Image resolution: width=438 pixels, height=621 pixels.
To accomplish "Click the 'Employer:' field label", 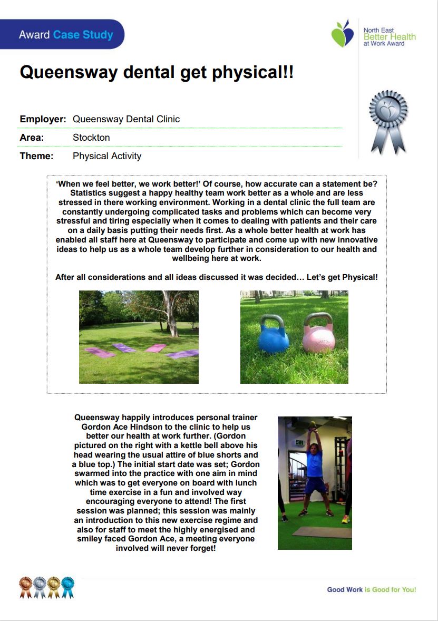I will [x=43, y=119].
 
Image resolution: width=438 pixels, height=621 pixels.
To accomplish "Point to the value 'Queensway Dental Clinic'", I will [x=126, y=119].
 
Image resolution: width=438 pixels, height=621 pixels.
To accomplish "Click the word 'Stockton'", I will [x=91, y=138].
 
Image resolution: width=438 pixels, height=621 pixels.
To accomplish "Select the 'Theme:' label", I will [x=36, y=156].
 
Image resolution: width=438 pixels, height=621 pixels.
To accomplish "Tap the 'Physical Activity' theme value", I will [x=107, y=156].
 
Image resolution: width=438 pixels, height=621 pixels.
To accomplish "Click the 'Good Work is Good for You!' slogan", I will [x=371, y=589].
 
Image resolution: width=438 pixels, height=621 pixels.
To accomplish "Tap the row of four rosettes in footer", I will [x=46, y=587].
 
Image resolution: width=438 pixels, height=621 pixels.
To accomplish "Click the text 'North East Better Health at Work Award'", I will [x=389, y=37].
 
